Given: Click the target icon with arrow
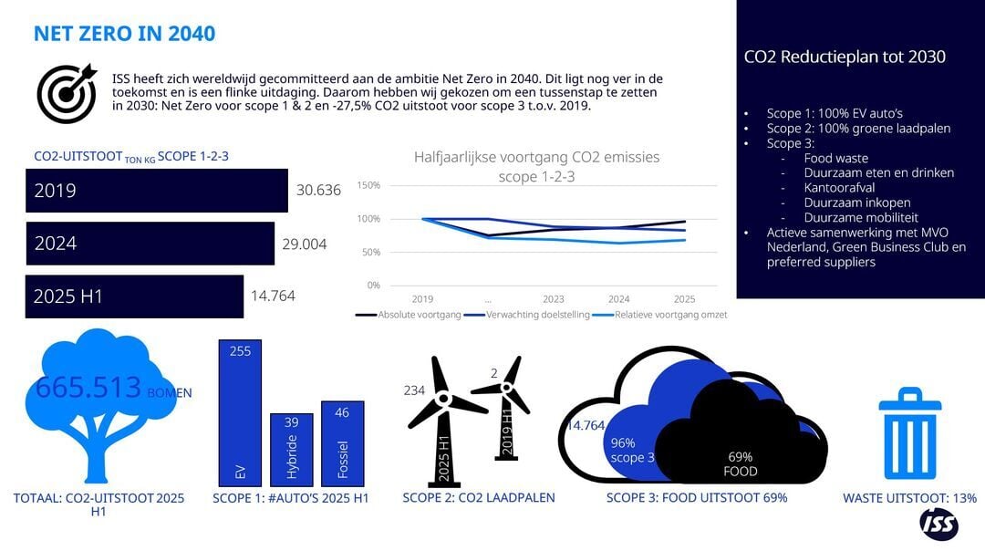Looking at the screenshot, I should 67,93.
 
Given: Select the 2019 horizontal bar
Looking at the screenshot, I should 156,191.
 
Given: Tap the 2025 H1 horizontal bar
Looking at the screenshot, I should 134,296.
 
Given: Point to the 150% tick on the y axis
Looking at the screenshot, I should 368,185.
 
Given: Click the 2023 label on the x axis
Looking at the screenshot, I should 553,298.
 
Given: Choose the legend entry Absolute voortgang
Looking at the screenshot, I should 407,315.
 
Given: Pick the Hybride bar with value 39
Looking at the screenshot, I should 292,449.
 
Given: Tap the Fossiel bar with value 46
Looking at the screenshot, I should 342,442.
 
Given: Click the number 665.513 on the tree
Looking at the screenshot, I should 88,388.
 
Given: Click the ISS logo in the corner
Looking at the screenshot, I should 938,525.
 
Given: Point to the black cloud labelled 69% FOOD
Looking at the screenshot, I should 739,438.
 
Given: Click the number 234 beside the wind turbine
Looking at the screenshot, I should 415,390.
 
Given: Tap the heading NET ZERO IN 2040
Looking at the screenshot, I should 124,34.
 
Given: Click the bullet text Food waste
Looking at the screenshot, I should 835,158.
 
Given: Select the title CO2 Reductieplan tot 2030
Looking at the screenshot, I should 845,57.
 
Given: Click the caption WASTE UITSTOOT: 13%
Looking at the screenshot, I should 909,498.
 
